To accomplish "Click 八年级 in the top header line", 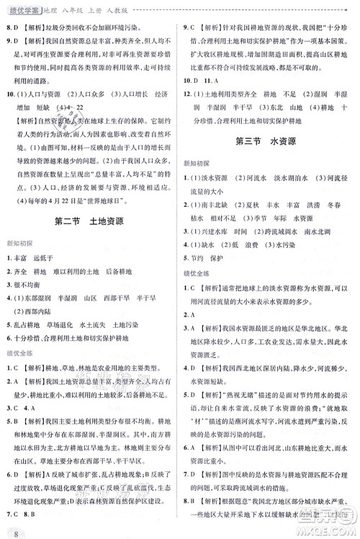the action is tap(75, 7).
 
